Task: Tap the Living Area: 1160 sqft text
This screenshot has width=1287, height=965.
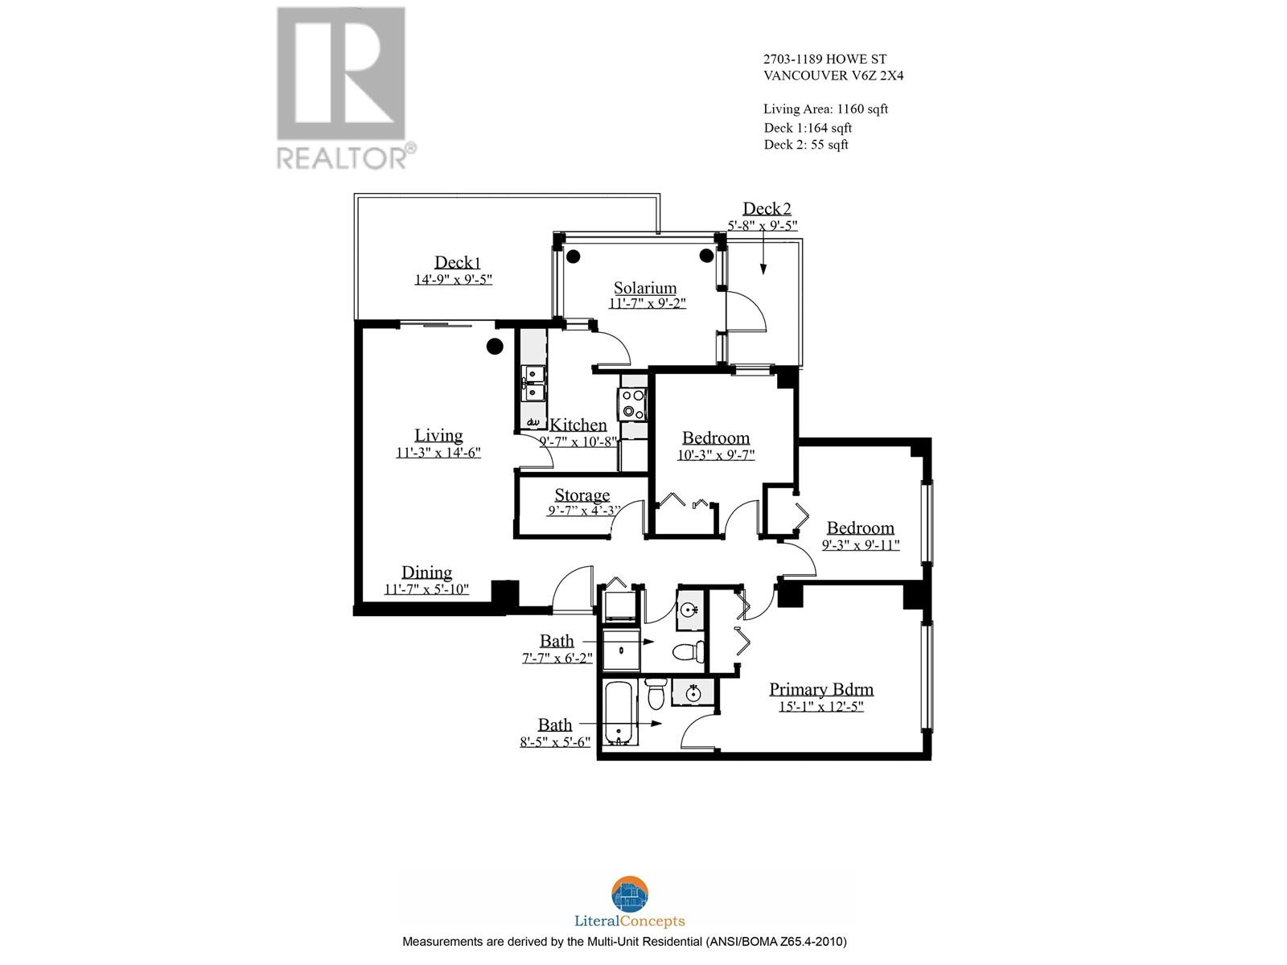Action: click(x=825, y=109)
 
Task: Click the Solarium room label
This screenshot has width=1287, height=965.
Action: click(x=645, y=288)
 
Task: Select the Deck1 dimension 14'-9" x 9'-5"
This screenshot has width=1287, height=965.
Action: click(x=453, y=280)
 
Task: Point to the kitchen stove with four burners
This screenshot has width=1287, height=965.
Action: click(x=632, y=404)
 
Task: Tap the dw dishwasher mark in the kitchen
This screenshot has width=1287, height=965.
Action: click(x=532, y=421)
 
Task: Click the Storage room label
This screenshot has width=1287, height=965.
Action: click(x=582, y=495)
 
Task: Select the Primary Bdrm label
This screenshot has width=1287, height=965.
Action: click(x=820, y=689)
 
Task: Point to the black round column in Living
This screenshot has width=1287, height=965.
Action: click(x=495, y=347)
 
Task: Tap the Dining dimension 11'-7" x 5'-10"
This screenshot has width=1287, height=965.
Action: click(x=426, y=589)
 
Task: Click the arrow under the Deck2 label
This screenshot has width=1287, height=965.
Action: click(x=763, y=257)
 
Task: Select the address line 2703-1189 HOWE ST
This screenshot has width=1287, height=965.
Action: click(x=826, y=59)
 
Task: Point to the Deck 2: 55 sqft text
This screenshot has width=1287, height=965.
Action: click(x=806, y=145)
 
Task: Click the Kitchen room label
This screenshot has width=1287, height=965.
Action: click(x=578, y=425)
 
